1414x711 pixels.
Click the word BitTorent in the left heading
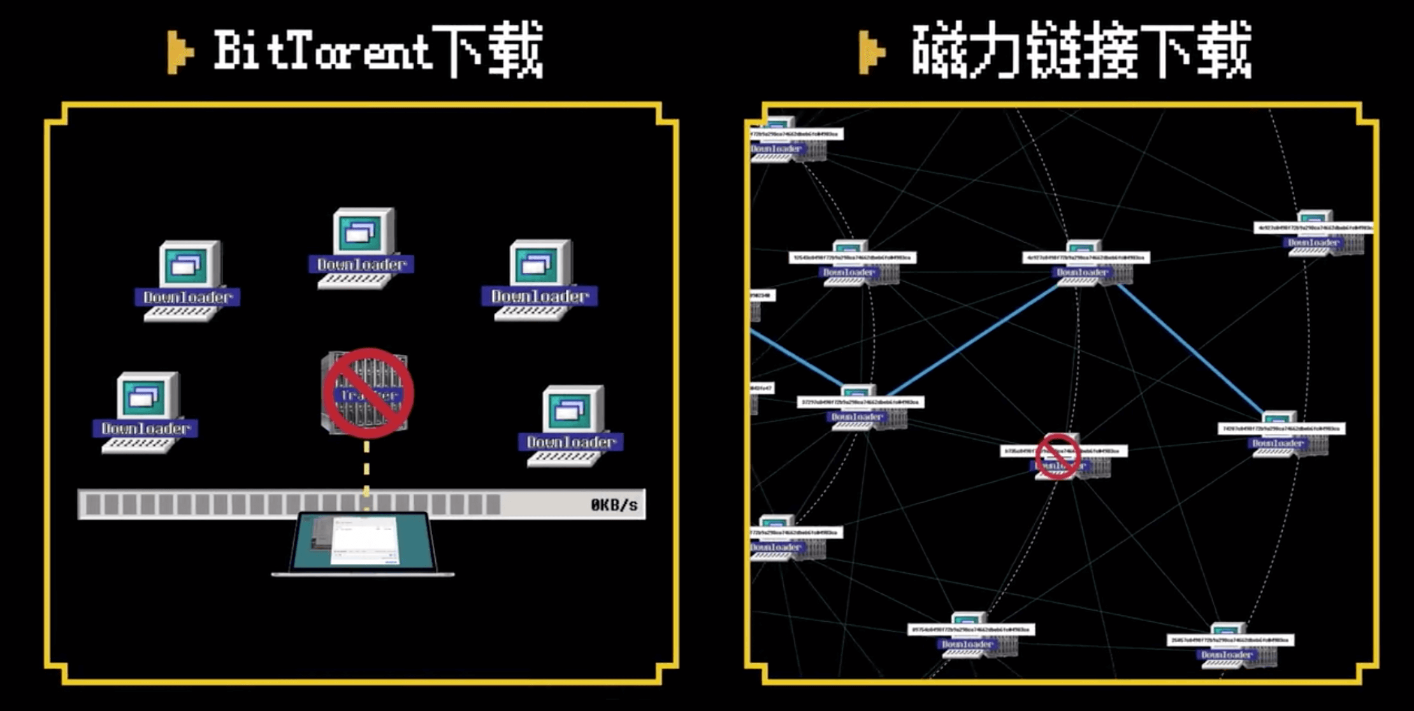(322, 51)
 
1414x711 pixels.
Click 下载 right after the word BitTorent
(494, 51)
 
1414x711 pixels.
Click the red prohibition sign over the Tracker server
(368, 393)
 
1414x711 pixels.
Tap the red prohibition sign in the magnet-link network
(1057, 456)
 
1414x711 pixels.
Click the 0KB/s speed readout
(613, 505)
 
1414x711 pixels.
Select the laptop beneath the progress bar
(363, 545)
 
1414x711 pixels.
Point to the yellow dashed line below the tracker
(366, 468)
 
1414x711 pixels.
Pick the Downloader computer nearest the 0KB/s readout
(572, 424)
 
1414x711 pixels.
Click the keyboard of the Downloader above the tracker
(354, 281)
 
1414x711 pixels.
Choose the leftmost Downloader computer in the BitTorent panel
(147, 412)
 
